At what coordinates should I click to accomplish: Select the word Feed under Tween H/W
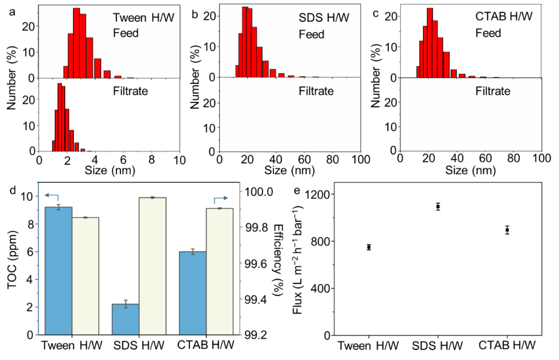[x=126, y=33]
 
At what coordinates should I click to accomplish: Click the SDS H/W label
[x=324, y=18]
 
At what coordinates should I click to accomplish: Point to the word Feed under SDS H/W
[x=312, y=35]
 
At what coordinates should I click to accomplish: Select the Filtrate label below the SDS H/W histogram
[x=316, y=91]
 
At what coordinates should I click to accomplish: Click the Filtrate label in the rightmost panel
[x=493, y=91]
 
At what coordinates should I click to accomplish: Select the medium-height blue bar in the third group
[x=193, y=293]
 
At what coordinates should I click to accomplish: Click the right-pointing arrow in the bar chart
[x=221, y=198]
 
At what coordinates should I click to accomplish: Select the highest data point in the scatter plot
[x=438, y=206]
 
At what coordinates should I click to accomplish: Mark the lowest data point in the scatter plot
[x=369, y=247]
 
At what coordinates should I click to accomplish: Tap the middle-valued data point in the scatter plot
[x=507, y=230]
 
